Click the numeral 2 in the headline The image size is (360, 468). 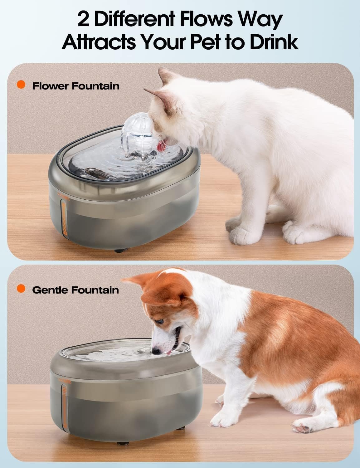coord(83,19)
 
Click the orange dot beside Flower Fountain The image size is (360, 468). coord(21,85)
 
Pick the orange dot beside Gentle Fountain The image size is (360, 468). coord(21,288)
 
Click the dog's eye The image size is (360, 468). coord(160,321)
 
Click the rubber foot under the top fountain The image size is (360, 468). coord(121,251)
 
